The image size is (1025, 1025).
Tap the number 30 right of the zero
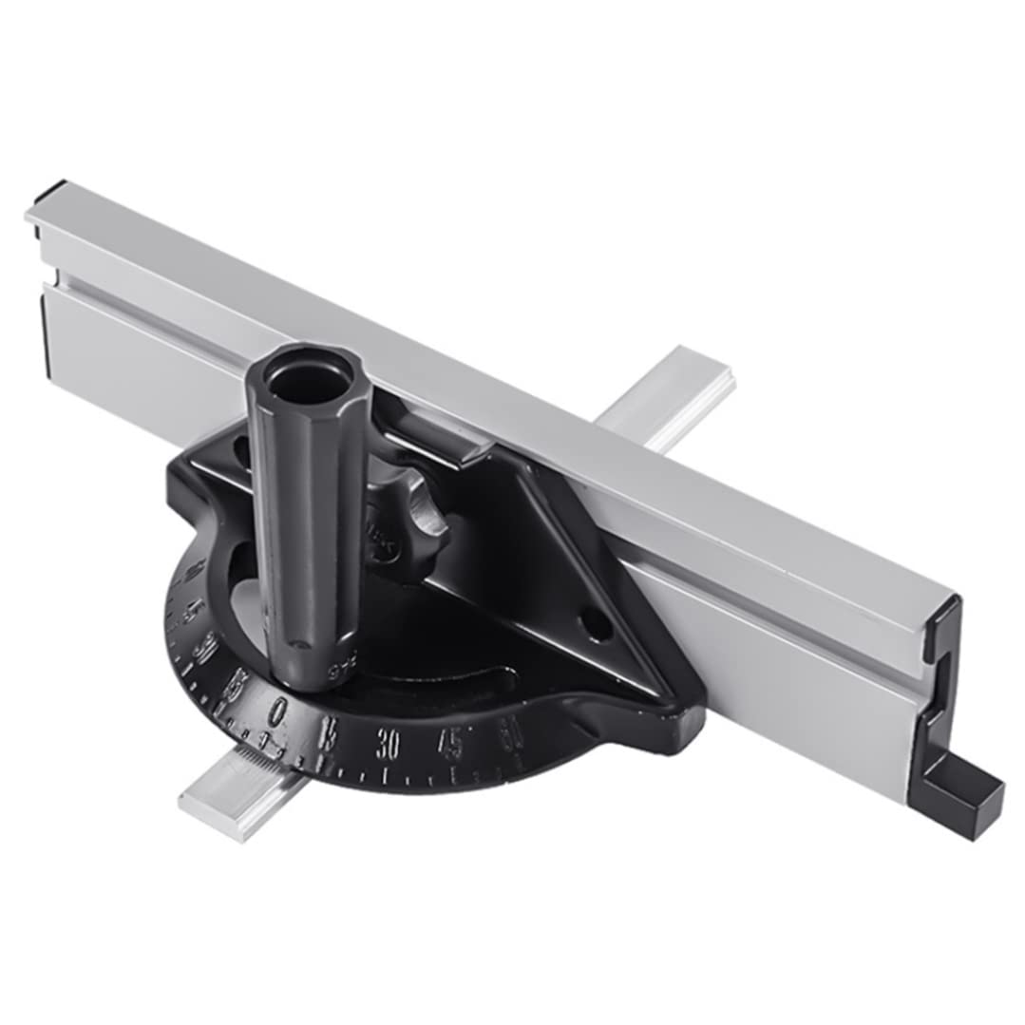[x=387, y=744]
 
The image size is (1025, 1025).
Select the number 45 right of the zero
[x=452, y=742]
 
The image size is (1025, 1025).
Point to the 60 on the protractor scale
[x=511, y=731]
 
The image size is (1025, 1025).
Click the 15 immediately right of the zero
[x=329, y=734]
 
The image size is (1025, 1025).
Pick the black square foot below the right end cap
[x=961, y=796]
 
